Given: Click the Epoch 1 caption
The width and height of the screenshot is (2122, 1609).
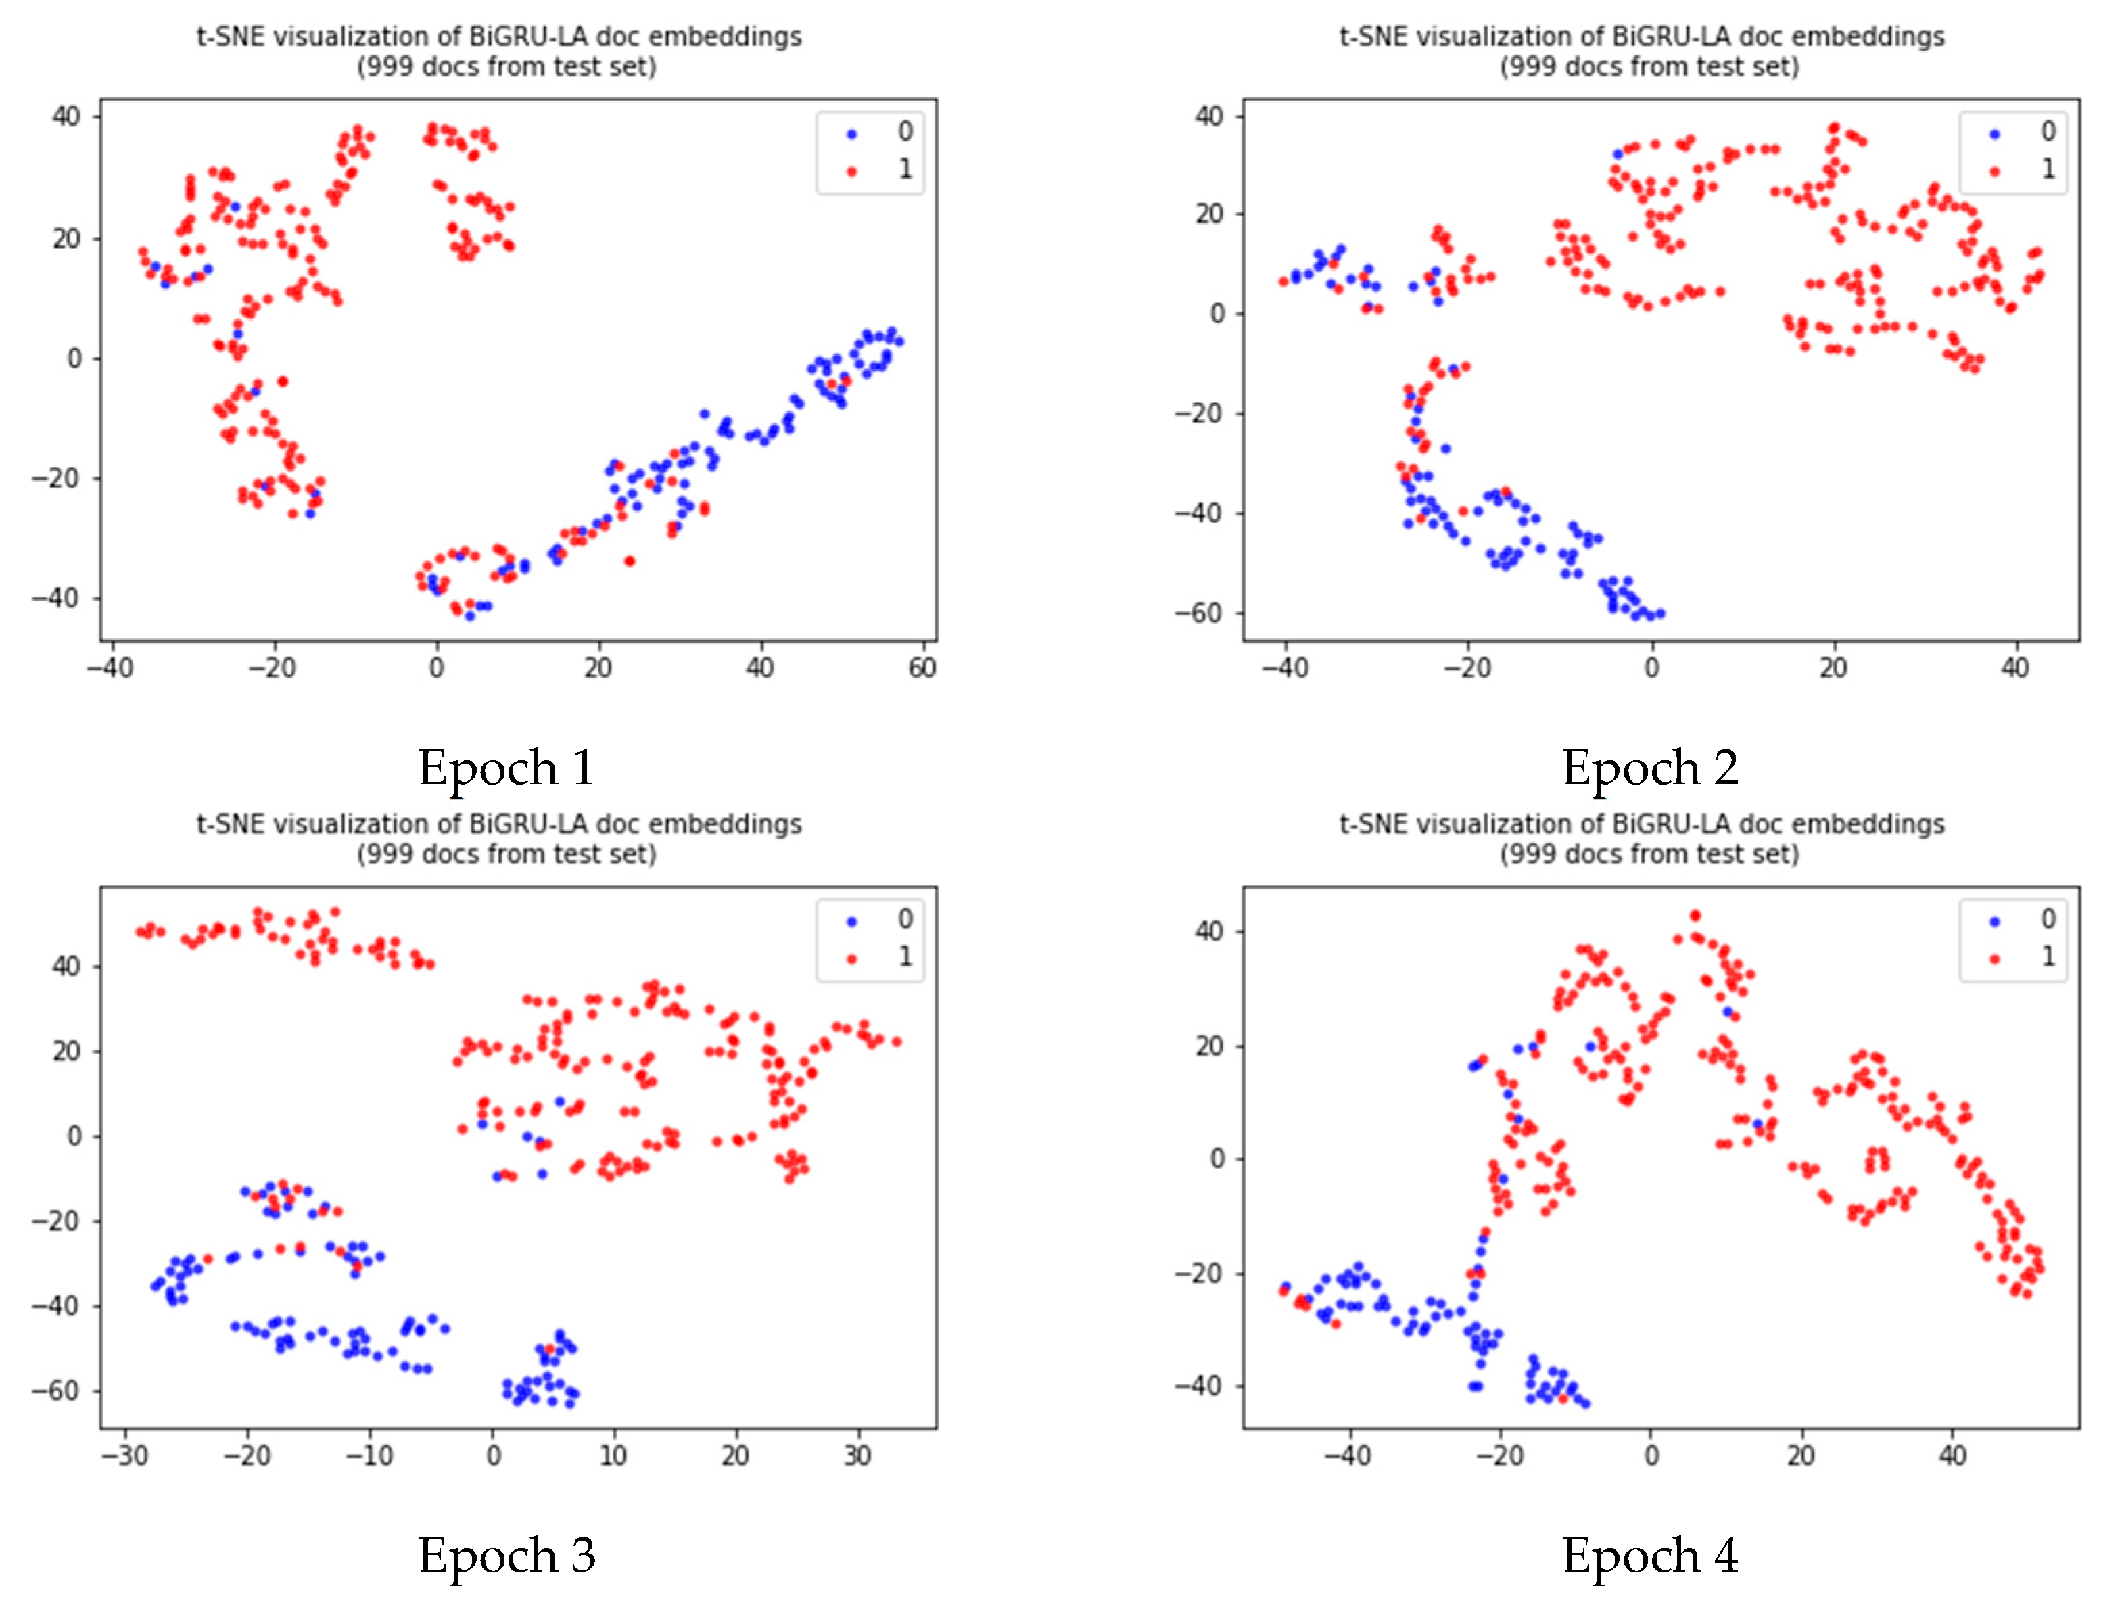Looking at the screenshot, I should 506,768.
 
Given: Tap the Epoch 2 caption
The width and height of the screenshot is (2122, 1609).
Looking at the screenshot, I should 1649,768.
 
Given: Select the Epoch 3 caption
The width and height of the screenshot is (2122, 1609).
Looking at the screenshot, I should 506,1554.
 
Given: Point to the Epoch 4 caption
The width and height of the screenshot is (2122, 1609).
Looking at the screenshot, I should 1649,1554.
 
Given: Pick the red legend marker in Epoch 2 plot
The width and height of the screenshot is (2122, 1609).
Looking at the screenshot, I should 1994,172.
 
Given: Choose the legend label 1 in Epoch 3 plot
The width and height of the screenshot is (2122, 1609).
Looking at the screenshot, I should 905,956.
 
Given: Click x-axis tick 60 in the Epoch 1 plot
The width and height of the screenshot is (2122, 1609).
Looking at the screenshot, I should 922,668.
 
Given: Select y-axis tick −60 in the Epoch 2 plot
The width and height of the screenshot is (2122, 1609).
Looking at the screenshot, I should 1199,612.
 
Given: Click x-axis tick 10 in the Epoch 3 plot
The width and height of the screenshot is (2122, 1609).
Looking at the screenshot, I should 613,1455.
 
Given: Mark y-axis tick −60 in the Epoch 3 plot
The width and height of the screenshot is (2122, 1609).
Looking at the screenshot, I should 57,1391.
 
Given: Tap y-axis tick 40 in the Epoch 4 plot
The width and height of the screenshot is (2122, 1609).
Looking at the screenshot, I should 1210,931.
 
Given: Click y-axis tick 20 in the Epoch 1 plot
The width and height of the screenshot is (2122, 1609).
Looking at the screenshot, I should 66,238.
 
